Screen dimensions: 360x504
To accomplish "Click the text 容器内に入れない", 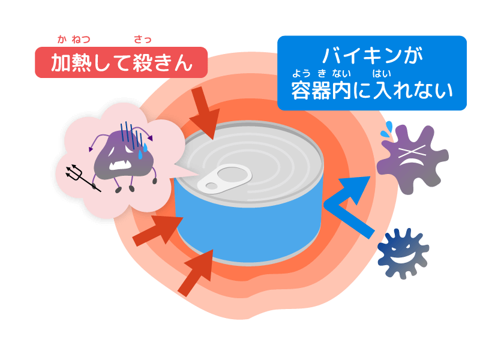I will [x=371, y=91].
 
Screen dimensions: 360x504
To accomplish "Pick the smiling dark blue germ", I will [x=403, y=253].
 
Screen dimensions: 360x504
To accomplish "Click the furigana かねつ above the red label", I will [x=74, y=40].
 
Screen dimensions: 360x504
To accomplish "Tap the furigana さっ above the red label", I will [x=142, y=40].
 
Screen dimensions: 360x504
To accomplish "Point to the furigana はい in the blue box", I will [x=382, y=74].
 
